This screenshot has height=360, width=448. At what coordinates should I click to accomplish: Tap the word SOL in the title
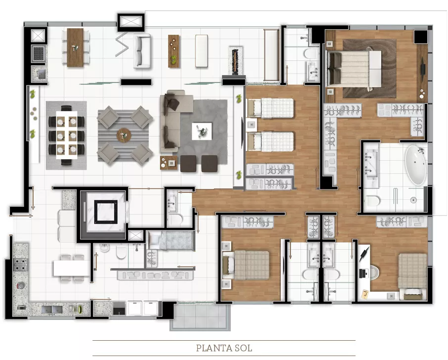[243, 348]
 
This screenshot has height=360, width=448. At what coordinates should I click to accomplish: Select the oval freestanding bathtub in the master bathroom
[416, 165]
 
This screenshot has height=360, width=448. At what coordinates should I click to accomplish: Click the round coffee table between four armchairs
[124, 135]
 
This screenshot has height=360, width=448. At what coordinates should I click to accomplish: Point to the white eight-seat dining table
[67, 135]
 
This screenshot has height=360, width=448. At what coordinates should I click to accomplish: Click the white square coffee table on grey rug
[202, 131]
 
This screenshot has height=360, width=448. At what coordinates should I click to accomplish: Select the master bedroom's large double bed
[354, 69]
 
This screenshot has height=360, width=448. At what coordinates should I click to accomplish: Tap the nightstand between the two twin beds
[251, 125]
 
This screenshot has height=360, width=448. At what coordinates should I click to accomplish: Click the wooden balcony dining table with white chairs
[75, 47]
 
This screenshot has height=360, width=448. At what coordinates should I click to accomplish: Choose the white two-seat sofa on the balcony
[142, 51]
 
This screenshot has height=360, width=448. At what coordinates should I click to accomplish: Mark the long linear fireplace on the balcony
[235, 61]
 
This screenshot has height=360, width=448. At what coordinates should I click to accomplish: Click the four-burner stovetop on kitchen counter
[20, 265]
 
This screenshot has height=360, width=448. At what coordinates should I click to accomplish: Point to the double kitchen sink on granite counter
[52, 310]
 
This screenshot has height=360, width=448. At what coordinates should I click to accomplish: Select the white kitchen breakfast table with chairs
[71, 268]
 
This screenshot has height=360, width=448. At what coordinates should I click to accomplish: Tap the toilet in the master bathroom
[373, 201]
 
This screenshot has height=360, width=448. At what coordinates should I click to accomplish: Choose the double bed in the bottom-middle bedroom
[248, 265]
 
